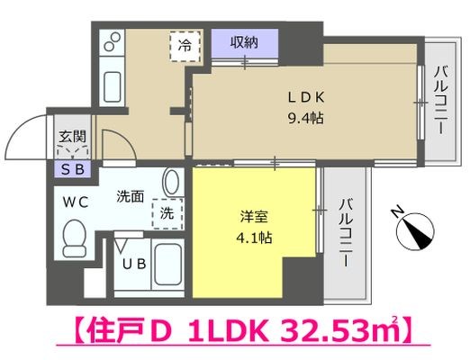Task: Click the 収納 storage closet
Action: pos(245,42)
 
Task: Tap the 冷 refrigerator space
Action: pos(184,45)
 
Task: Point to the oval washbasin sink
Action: pos(172,183)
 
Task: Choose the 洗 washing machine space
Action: pos(167,214)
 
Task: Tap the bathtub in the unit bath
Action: pos(167,265)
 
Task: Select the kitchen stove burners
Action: pos(113,42)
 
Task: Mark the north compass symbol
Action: pos(415,231)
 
